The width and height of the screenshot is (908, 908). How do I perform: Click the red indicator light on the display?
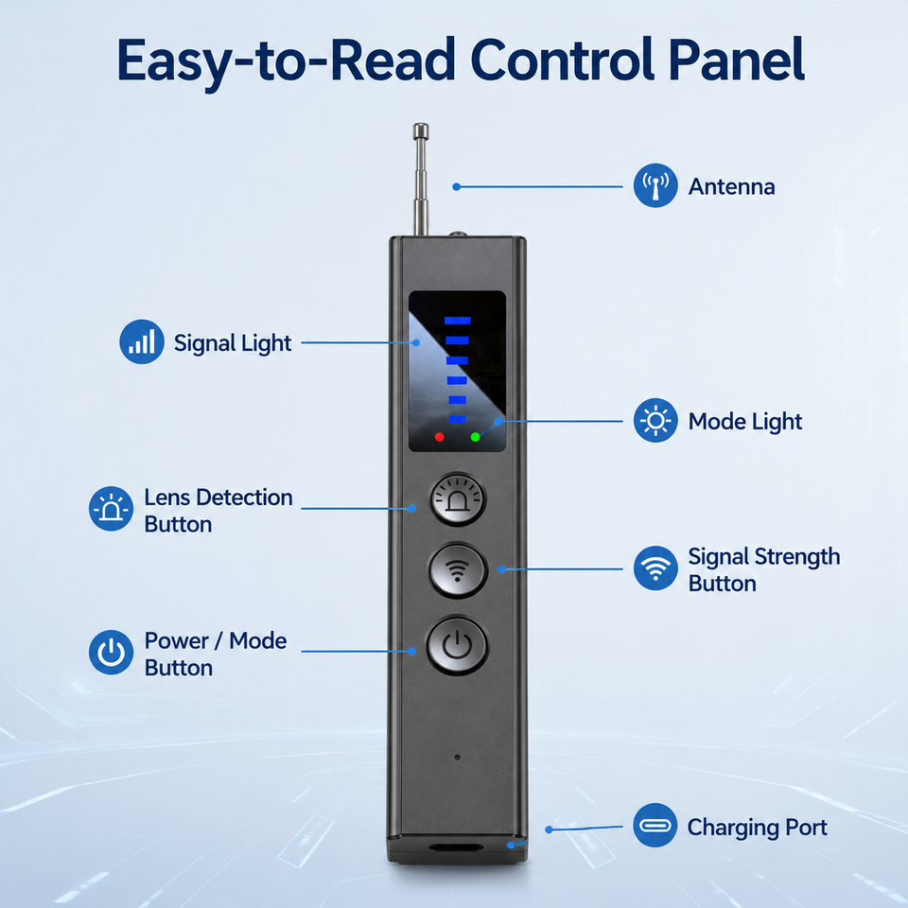[x=440, y=437]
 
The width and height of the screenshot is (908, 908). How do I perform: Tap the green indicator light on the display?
[x=476, y=437]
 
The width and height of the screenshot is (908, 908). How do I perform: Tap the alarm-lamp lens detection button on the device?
[x=458, y=499]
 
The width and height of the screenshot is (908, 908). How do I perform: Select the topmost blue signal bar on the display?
[x=458, y=321]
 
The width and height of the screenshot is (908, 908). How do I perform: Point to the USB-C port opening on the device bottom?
[x=456, y=847]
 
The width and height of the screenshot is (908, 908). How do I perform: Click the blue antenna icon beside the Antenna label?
[x=655, y=185]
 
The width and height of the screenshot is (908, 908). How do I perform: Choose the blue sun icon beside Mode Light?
[x=655, y=420]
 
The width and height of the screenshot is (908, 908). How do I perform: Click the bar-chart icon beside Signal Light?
[x=142, y=341]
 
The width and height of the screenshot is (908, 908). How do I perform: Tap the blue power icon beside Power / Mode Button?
[x=112, y=653]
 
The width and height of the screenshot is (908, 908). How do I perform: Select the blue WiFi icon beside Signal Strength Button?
[x=655, y=568]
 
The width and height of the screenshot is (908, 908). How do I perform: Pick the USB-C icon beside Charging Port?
[x=655, y=825]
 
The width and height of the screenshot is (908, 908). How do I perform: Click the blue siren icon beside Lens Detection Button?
[x=112, y=509]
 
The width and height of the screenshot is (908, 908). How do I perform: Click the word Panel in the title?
[x=736, y=61]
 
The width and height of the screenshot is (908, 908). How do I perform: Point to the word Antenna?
[x=731, y=186]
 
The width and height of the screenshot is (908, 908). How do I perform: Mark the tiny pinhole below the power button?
[x=458, y=758]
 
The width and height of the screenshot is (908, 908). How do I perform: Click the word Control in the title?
[x=562, y=61]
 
